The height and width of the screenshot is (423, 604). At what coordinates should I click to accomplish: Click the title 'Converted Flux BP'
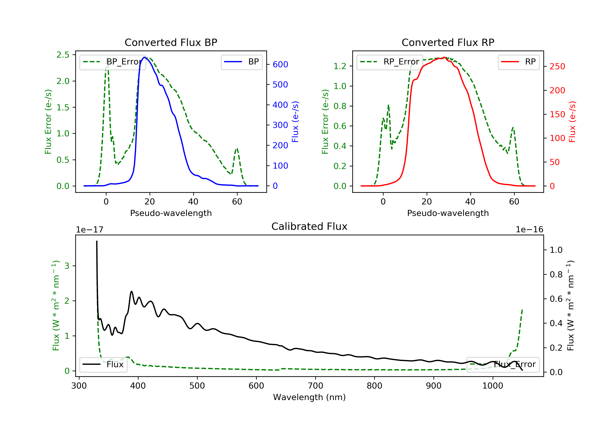(171, 42)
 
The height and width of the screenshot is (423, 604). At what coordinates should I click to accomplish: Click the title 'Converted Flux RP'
(448, 42)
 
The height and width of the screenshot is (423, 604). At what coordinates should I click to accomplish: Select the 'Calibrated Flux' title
(309, 226)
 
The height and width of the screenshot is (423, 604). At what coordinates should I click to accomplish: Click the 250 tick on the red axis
(557, 67)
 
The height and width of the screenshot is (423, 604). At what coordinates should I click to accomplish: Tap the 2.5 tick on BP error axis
(63, 55)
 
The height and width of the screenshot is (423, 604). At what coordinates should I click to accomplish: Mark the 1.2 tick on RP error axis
(340, 66)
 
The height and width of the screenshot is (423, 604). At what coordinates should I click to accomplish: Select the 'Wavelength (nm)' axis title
(309, 397)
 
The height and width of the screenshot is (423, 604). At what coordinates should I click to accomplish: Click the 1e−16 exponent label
(529, 230)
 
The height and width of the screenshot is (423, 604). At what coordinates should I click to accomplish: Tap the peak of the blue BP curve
(144, 57)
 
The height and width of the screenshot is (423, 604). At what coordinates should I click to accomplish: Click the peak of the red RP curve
(444, 57)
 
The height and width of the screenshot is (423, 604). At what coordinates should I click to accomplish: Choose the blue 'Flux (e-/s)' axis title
(295, 122)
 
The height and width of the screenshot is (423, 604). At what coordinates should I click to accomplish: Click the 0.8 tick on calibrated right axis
(556, 275)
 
